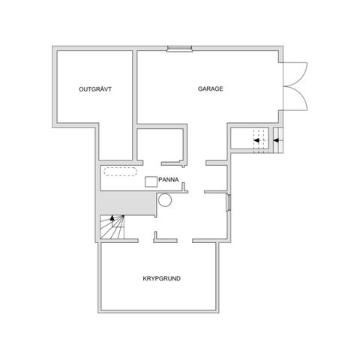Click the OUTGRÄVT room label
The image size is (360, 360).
(95, 89)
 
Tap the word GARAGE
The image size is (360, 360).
(211, 88)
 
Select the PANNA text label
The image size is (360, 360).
(168, 180)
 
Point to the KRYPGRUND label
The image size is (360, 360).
(161, 278)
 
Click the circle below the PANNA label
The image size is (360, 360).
(166, 199)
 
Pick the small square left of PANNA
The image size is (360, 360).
(151, 181)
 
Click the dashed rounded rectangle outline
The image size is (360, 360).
(118, 170)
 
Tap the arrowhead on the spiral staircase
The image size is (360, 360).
(113, 216)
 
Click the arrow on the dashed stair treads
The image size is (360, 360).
(258, 139)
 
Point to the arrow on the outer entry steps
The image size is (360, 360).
(278, 139)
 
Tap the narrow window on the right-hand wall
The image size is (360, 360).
(228, 204)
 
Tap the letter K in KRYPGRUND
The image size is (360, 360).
(145, 278)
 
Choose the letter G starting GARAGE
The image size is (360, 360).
(200, 88)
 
